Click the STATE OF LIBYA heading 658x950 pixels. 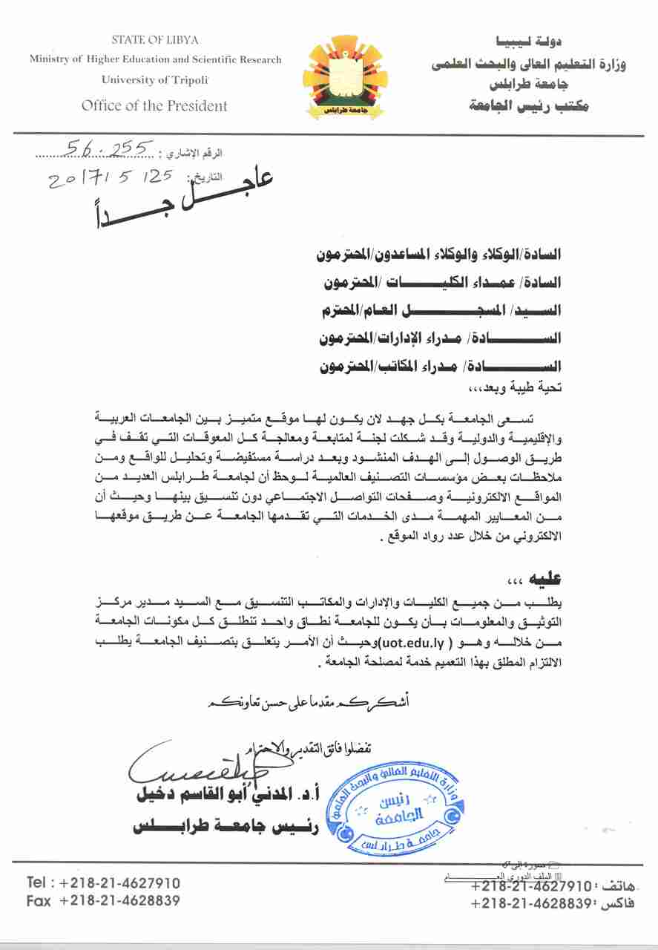[154, 39]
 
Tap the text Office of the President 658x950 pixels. [154, 105]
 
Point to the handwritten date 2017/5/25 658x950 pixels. [110, 179]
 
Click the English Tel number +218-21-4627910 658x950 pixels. [119, 883]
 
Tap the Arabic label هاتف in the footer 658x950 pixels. [617, 885]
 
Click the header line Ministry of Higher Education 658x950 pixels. [156, 59]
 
